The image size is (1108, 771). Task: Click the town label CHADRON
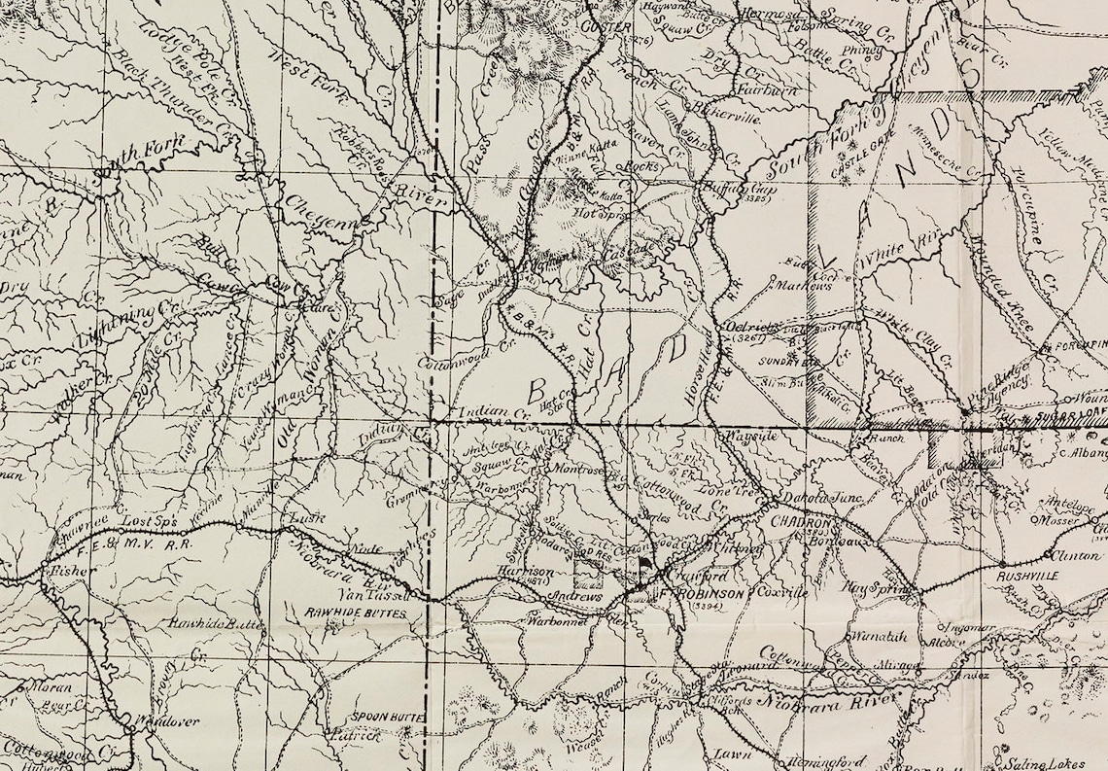(798, 521)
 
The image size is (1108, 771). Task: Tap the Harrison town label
(517, 573)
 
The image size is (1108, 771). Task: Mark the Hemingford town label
(827, 760)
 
